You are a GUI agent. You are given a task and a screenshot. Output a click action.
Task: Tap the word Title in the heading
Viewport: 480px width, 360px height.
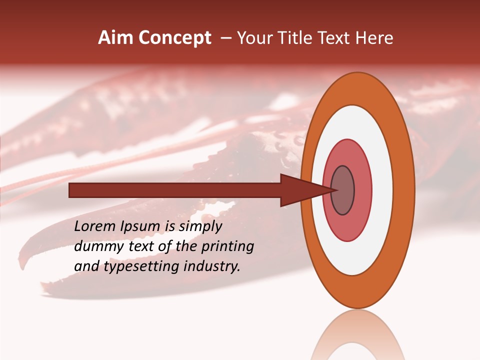293,38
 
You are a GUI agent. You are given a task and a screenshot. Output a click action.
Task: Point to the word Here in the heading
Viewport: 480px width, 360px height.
375,38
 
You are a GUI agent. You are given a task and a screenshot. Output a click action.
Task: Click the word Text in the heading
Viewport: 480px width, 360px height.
335,38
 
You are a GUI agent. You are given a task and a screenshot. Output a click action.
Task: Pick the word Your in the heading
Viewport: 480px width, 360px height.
253,38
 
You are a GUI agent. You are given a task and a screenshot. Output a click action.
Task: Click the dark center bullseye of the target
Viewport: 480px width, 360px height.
342,190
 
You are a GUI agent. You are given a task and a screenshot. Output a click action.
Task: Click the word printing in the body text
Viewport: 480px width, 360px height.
227,247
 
